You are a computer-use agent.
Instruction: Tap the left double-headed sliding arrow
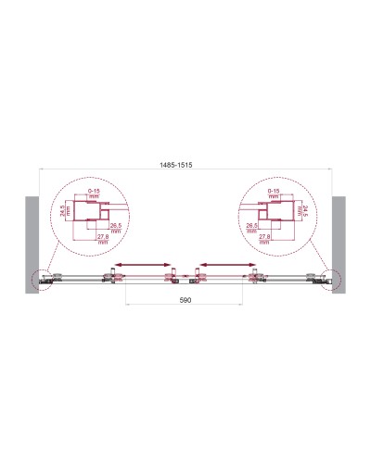tap(141, 264)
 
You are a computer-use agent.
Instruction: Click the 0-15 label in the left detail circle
tap(93, 191)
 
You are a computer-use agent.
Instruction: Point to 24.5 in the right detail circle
tap(308, 214)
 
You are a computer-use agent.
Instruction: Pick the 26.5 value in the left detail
tap(116, 226)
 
